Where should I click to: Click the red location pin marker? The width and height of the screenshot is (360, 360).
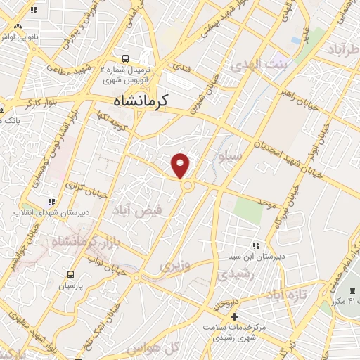pyautogui.click(x=181, y=165)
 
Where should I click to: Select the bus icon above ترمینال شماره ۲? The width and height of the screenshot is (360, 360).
pyautogui.click(x=125, y=59)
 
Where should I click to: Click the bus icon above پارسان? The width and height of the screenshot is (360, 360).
pyautogui.click(x=70, y=274)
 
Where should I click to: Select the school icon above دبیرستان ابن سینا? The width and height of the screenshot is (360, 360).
pyautogui.click(x=256, y=245)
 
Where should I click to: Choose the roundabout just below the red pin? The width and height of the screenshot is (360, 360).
pyautogui.click(x=188, y=185)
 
